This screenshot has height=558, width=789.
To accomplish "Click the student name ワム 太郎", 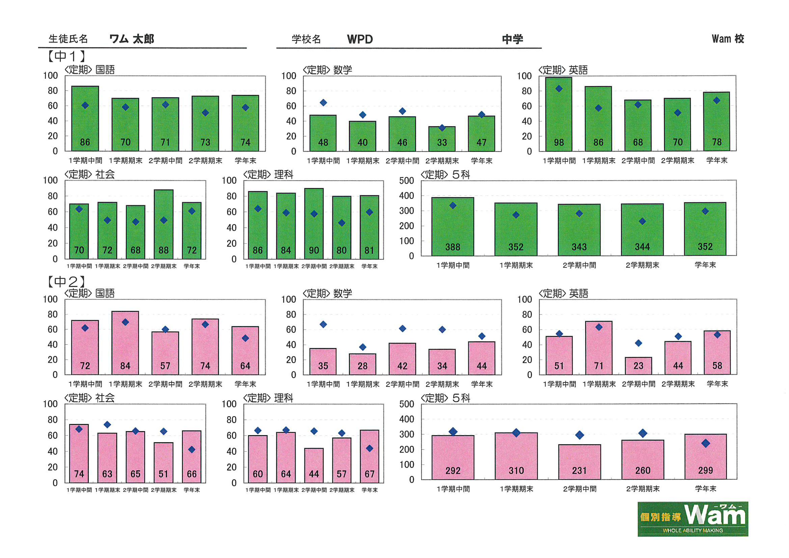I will pos(132,39).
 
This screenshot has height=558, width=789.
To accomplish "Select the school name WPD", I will pos(360,39).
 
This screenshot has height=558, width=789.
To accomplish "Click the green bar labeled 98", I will pos(559,115).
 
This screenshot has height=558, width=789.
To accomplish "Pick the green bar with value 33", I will pos(442,139).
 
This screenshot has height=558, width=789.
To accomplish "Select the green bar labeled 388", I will pos(453,227).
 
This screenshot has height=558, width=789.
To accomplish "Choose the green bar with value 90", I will pos(314,224).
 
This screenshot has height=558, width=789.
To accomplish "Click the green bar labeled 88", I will pos(164,224).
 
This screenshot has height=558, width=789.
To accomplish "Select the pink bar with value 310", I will pos(516,456).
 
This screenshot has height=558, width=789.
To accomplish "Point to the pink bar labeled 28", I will pos(362,364).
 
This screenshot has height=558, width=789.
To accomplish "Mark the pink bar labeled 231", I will pos(579,462).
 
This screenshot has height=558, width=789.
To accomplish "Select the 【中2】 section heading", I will pos(66,282).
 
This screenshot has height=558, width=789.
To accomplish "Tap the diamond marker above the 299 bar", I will pos(706,443).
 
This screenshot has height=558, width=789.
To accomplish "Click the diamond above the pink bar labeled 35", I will pos(323,324).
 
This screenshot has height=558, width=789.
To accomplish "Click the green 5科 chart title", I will pos(445,175).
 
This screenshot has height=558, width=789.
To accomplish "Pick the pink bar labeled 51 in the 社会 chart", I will pos(164,462).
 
